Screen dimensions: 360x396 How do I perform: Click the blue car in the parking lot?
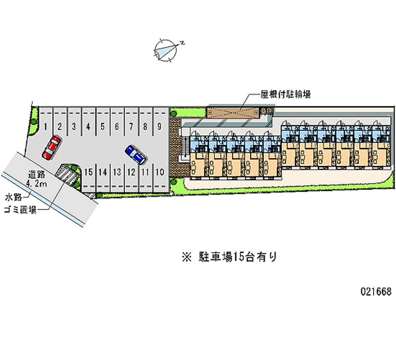coord(135,154)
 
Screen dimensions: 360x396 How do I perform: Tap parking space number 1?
coord(45,127)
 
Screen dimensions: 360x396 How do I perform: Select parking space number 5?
coord(102,127)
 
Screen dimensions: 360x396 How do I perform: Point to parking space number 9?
coord(159,127)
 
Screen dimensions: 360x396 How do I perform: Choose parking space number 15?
coord(88,172)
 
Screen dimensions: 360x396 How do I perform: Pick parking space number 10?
coord(159,172)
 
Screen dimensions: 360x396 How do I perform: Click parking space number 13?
coord(117,172)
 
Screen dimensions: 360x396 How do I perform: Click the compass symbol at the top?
coord(166,50)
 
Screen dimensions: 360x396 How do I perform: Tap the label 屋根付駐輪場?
coord(286,94)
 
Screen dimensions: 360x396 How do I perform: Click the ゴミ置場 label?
coord(20,209)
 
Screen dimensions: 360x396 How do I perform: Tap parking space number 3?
coord(74,127)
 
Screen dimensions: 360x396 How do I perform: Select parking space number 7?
coord(131,127)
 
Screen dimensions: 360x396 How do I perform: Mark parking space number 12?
coord(131,172)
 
